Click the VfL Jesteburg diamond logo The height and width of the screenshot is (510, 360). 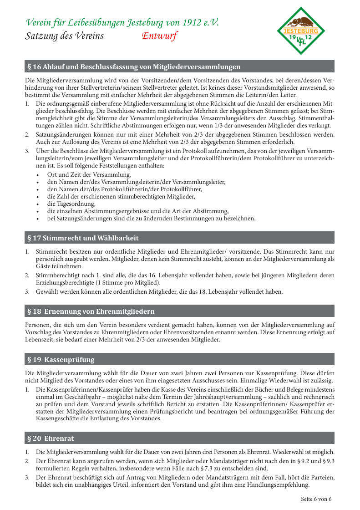click(x=301, y=31)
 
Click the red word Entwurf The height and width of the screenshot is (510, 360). click(x=159, y=36)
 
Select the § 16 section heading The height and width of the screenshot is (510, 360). click(x=134, y=67)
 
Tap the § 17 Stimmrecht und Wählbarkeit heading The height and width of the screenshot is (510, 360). click(x=83, y=238)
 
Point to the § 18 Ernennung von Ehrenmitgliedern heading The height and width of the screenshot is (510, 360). click(x=91, y=311)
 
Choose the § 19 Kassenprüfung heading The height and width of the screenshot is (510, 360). click(x=61, y=360)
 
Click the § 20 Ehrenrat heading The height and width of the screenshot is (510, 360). click(x=51, y=439)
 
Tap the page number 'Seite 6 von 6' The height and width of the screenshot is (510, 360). click(x=316, y=499)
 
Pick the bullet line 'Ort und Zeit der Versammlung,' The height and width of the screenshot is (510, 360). click(x=89, y=175)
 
